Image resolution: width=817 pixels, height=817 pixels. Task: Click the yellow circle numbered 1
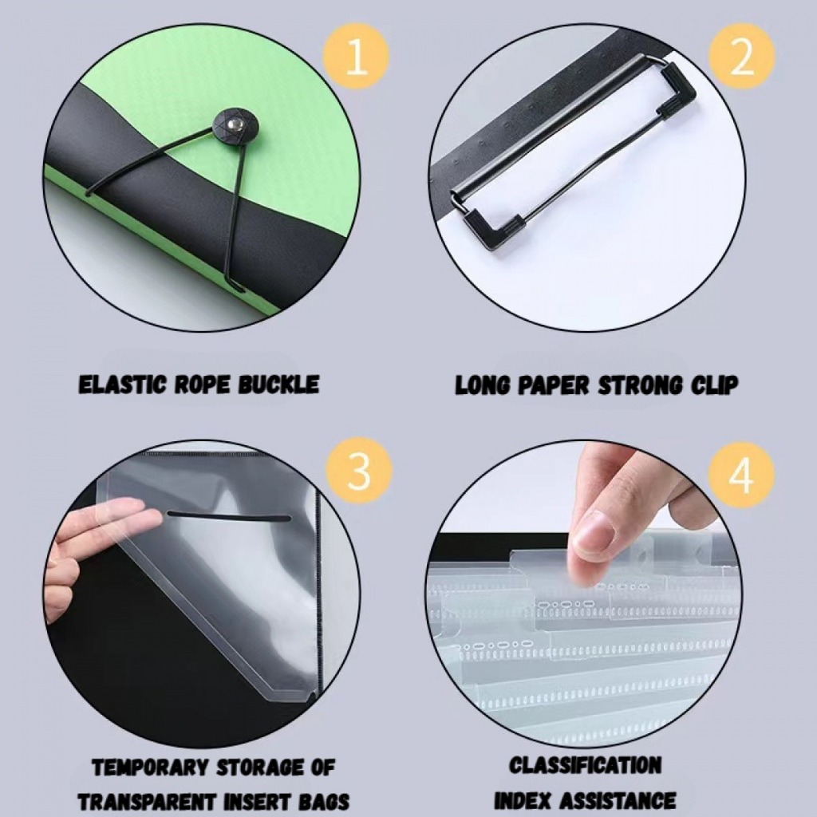[x=357, y=57]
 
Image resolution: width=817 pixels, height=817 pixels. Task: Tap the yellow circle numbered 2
[x=742, y=57]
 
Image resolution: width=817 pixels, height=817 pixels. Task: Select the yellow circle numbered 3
[x=358, y=472]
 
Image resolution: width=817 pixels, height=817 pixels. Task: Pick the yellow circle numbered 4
[x=741, y=475]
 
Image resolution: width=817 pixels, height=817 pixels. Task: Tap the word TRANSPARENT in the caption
[x=147, y=802]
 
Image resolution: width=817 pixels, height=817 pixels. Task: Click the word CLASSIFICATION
[x=585, y=765]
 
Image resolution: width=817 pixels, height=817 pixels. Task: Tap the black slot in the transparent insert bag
[x=229, y=516]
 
